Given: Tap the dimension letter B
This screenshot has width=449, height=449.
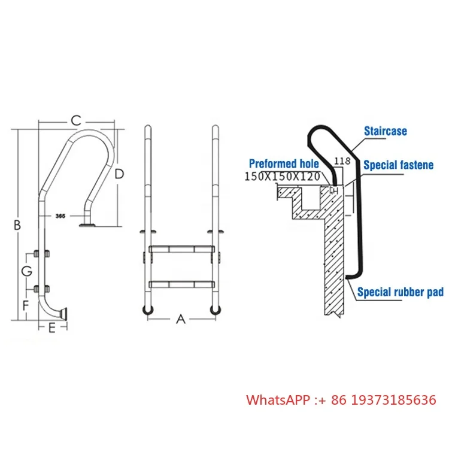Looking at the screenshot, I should coord(17,225).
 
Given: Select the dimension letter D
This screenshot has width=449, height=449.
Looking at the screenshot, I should coord(120,174).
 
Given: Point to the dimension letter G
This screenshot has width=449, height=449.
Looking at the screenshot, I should coord(26,271).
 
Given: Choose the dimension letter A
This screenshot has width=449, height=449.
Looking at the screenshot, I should coord(181,320).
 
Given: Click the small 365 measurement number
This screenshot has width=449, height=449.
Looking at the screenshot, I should coord(60,214).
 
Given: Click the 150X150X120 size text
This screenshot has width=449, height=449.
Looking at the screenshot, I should coord(283,177).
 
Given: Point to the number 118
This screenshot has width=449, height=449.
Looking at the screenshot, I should coord(341,160).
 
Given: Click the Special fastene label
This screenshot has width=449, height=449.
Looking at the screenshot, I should coord(398,165).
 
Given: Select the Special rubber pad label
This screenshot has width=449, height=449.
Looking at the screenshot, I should coord(400,292).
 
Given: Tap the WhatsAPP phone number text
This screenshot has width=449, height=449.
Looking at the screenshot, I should coord(341,399).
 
